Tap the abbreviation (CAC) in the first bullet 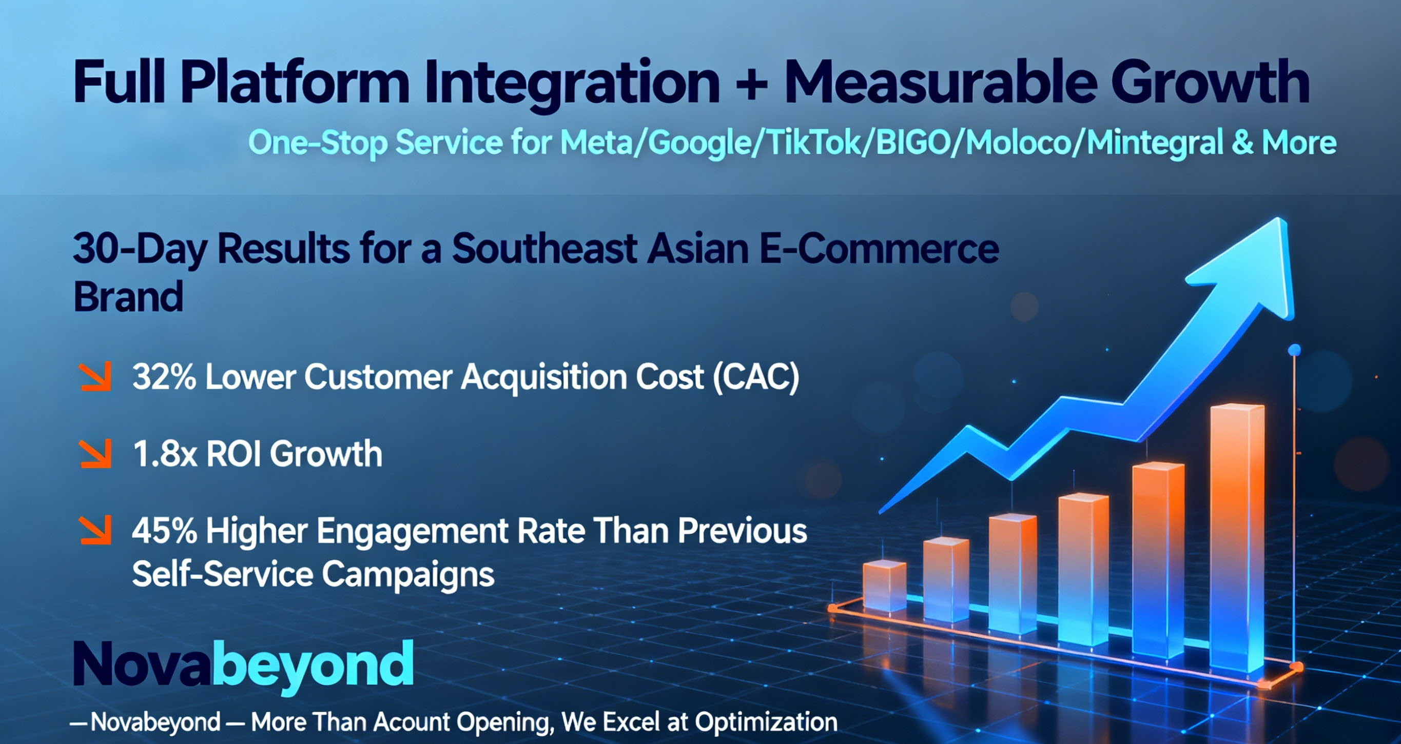[x=756, y=377]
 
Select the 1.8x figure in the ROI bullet [x=165, y=454]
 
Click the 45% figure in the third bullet [x=164, y=531]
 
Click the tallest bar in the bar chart [x=1237, y=538]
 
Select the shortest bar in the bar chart [x=885, y=587]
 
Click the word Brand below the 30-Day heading [x=128, y=297]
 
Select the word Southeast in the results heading [x=544, y=249]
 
